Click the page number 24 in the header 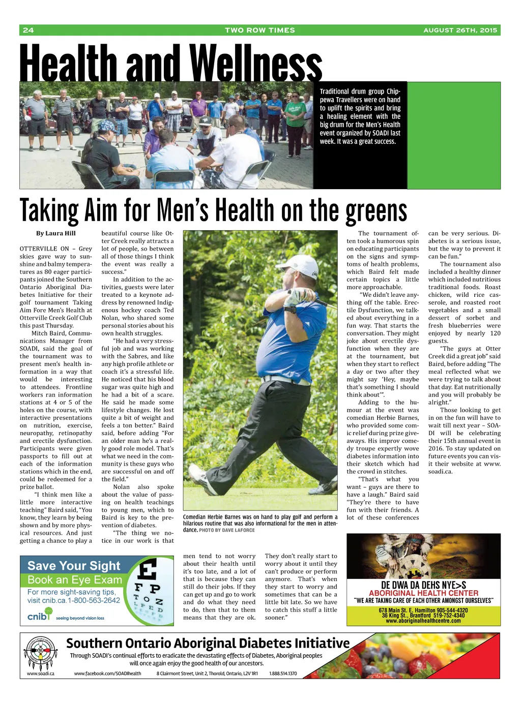28,30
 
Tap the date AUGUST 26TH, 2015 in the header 460,30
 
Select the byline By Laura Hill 55,233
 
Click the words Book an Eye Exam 75,580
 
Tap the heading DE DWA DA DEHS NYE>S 423,585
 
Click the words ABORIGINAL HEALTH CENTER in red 423,593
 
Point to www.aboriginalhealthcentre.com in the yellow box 423,621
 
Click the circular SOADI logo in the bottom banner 40,652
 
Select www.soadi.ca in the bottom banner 40,674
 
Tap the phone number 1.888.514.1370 283,674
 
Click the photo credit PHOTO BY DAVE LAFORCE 227,530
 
